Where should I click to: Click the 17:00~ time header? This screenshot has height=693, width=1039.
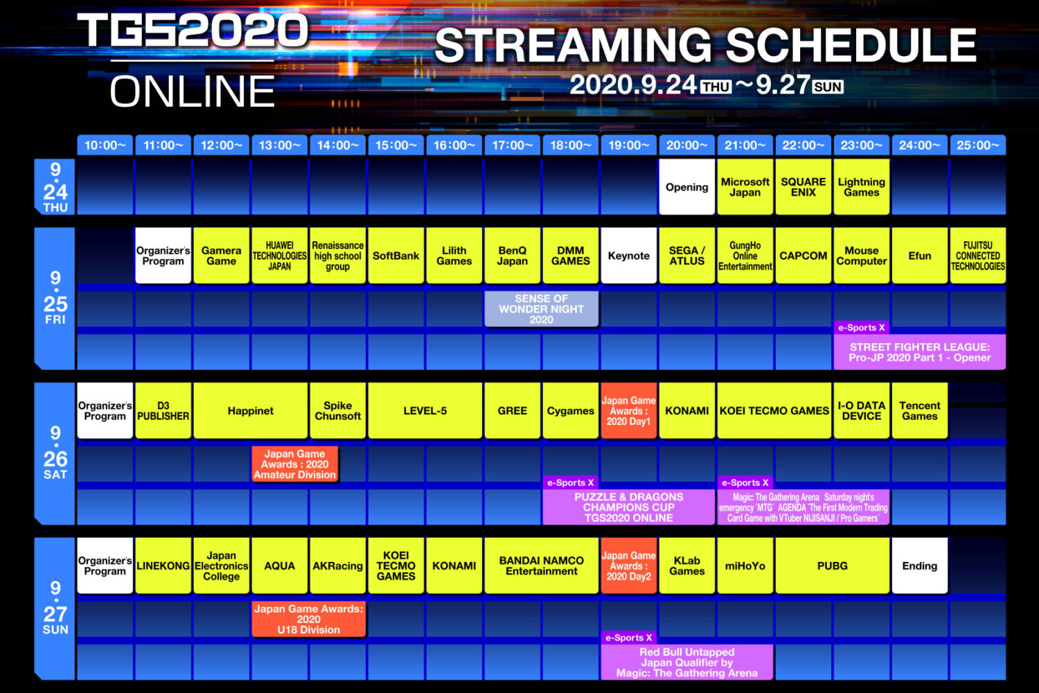point(512,146)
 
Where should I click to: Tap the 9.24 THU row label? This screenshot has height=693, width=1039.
point(55,186)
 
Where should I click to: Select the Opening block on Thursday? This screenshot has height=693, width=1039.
point(686,186)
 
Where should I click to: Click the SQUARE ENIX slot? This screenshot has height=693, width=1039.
point(803,186)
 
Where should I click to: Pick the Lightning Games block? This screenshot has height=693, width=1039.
point(862,186)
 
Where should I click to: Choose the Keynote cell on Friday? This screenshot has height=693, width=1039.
point(628,255)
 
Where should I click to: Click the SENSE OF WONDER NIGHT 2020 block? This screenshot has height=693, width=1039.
point(541,308)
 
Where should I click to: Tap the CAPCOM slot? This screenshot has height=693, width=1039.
point(803,255)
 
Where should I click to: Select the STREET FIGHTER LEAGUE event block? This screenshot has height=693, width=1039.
point(919,352)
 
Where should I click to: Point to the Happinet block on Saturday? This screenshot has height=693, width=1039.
point(251,410)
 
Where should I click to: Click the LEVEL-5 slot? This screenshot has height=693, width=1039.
point(425,410)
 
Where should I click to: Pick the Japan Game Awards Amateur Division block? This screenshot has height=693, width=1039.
point(294,464)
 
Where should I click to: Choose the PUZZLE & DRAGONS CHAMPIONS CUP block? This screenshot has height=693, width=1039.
point(628,507)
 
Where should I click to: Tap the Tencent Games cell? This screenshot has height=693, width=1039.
point(919,410)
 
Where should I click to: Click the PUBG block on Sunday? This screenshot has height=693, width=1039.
point(832,565)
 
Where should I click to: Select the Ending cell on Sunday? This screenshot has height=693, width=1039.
point(919,565)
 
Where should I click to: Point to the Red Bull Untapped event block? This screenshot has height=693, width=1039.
point(686,662)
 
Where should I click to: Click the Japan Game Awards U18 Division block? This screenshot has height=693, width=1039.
point(308,619)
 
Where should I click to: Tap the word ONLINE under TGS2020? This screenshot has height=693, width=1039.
point(193,91)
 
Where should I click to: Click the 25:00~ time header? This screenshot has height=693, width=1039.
point(978,146)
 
